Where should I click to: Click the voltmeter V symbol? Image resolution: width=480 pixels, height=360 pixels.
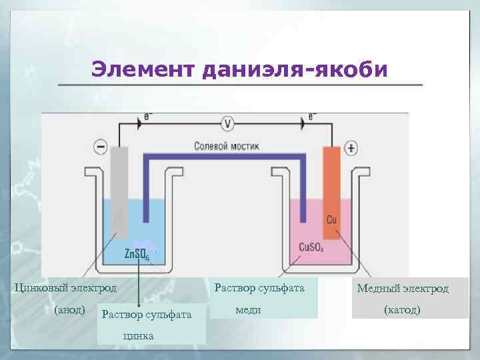[x=228, y=123]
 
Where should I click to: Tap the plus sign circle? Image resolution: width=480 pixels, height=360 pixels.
[x=352, y=148]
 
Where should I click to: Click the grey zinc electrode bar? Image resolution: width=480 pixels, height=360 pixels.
[x=119, y=190]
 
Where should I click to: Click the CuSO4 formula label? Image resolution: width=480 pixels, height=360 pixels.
[x=310, y=247]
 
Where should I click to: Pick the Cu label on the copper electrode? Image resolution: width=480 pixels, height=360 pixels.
[x=331, y=221]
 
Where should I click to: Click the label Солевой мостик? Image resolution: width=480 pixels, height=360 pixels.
[x=227, y=145]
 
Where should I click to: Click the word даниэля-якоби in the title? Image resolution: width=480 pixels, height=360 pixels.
[x=293, y=69]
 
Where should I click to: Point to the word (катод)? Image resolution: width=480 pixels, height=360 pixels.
[x=402, y=311]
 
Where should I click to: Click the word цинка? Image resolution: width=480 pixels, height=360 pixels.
[x=138, y=336]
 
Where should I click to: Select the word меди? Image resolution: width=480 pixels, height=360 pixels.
[x=248, y=310]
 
